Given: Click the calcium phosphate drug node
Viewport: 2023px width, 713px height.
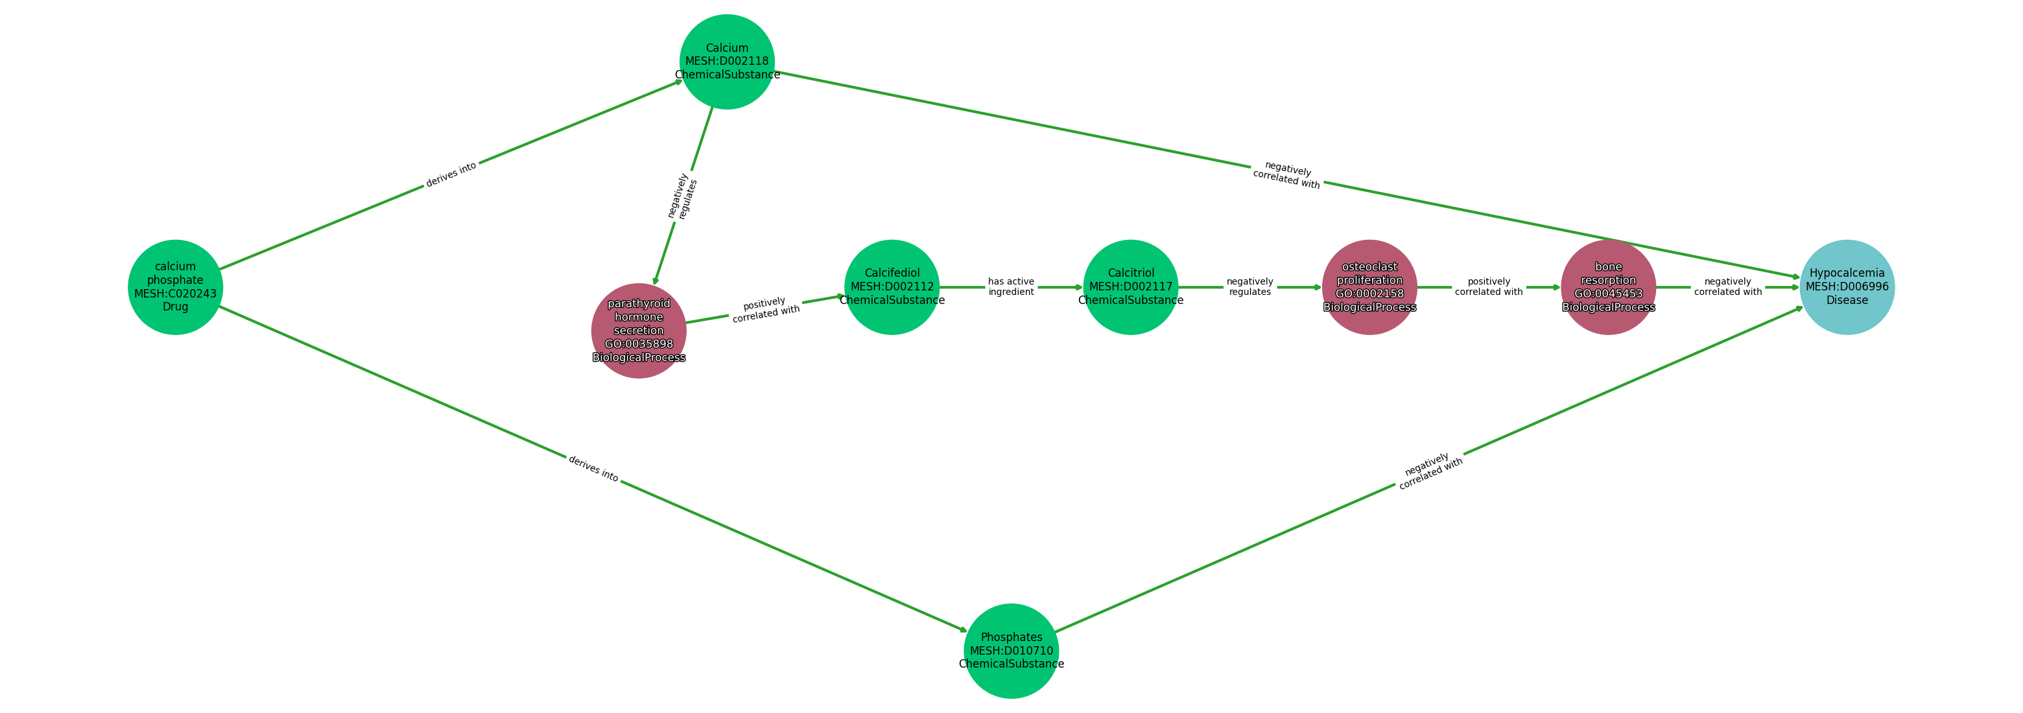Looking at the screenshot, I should (x=175, y=287).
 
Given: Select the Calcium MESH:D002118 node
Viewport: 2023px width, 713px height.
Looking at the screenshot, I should (x=726, y=61).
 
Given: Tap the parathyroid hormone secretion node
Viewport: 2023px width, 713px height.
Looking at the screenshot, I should (x=639, y=331).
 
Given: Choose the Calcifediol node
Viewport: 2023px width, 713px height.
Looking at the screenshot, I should (x=892, y=287).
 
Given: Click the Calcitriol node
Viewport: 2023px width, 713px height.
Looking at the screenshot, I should (x=1130, y=287).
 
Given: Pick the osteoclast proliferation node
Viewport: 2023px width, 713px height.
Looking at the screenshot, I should (x=1369, y=287).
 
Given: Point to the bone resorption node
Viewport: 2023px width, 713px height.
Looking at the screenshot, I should (x=1607, y=287).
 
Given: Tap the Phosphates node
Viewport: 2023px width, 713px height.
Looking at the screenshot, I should (x=1011, y=651).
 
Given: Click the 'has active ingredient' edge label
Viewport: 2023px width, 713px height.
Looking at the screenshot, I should (x=1011, y=286).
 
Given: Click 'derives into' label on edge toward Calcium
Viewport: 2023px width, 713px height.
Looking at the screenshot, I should (x=451, y=174).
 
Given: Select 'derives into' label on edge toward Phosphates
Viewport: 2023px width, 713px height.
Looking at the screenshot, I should (x=593, y=469).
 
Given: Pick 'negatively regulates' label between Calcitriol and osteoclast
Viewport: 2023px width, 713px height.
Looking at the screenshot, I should (x=1249, y=286).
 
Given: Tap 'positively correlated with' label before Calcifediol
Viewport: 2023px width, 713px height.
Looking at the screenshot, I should (x=766, y=309).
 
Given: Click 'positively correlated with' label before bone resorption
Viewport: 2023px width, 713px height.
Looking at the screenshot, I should (x=1488, y=286).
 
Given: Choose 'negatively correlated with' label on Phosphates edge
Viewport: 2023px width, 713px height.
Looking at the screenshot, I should (x=1429, y=472).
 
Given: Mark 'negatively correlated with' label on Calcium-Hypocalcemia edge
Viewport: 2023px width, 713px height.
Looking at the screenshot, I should (x=1287, y=175).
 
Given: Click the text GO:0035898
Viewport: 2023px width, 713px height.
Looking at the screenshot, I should (x=639, y=344).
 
